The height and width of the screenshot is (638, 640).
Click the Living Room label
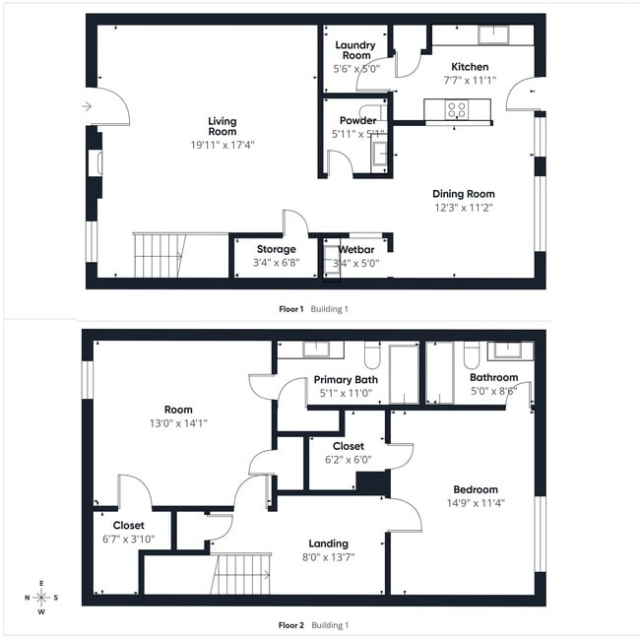[222, 126]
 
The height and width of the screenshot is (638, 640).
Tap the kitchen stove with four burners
[457, 109]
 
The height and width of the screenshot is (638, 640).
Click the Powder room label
[357, 120]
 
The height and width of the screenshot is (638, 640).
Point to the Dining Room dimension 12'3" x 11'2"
[464, 208]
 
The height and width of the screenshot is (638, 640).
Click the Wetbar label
[357, 249]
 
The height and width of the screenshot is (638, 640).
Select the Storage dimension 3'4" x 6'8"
[276, 263]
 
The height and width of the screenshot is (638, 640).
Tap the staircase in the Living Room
[158, 255]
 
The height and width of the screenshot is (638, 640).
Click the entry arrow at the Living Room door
[88, 106]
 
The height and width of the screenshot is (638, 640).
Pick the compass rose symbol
[41, 597]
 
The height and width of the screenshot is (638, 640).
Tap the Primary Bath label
[346, 379]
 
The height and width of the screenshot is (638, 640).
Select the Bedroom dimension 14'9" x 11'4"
[476, 503]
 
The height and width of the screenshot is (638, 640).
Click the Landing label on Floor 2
[328, 542]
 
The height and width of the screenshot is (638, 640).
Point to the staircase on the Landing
[240, 573]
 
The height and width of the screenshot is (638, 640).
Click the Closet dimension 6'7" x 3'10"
[128, 539]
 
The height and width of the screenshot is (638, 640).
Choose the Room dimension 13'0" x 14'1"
[178, 423]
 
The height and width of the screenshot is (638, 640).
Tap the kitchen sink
[493, 34]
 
